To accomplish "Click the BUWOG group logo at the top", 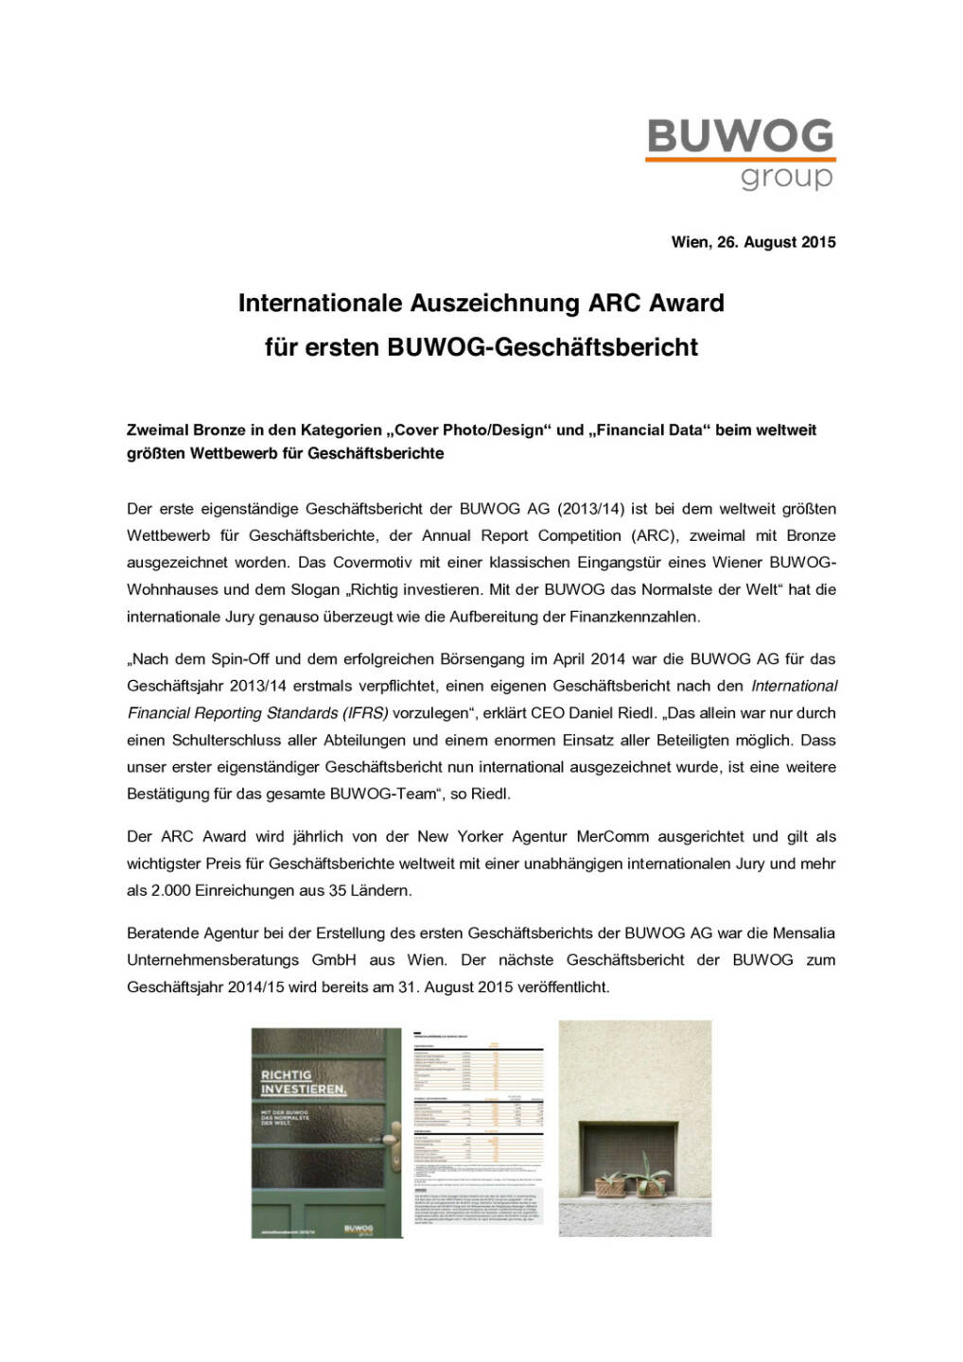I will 740,153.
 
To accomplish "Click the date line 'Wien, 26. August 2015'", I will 753,242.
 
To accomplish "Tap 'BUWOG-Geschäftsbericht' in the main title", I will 542,347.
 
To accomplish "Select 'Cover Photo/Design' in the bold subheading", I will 470,429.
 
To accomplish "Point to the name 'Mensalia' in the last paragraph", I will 803,934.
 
